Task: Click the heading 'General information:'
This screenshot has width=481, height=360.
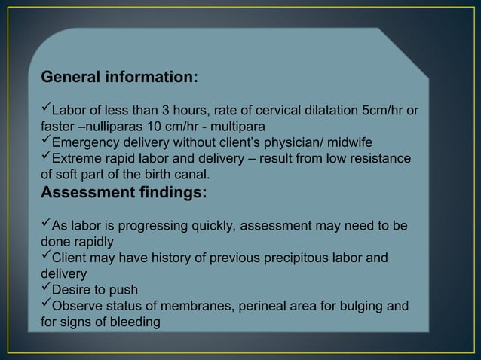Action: pos(120,77)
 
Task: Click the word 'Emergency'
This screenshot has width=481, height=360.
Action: pos(84,143)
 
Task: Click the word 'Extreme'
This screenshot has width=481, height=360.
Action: pos(76,160)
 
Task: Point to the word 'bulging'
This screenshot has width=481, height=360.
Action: pos(363,307)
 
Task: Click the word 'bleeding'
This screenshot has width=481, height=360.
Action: pos(138,323)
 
